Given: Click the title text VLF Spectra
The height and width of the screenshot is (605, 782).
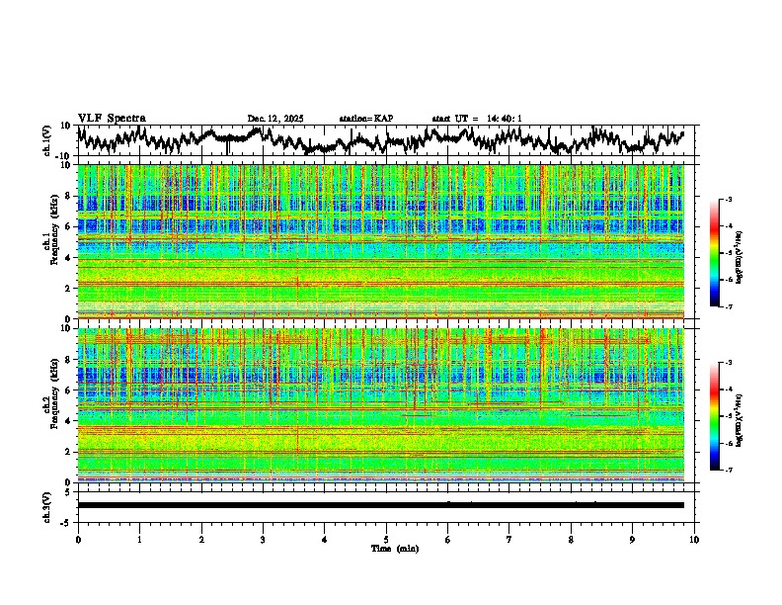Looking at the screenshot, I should pos(112,119).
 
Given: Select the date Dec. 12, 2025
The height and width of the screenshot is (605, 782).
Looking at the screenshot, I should pos(275,119).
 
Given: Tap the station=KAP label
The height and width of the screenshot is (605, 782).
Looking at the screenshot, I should pos(365,119).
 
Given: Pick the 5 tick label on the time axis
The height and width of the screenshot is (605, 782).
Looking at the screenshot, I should pos(386,539).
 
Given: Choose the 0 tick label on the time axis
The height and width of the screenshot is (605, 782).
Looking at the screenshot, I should pos(78,539).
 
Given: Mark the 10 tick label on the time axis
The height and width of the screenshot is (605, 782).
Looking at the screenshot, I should pos(694,539).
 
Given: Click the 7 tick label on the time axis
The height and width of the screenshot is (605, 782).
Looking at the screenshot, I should pos(509,539).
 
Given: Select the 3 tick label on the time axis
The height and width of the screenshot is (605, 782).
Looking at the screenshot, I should pos(263,539).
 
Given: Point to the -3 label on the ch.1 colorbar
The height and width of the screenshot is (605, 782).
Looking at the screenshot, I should pos(727,200).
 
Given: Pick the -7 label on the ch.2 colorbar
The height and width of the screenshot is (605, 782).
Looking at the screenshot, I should pos(727,471).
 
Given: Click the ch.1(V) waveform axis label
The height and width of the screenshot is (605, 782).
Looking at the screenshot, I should pos(47,140).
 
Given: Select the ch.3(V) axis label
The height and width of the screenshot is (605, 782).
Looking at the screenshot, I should pos(47,505).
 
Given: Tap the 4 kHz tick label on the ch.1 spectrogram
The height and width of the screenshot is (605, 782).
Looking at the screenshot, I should pos(68,258).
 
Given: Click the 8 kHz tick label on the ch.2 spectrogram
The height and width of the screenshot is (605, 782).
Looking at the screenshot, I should pos(68,360).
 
